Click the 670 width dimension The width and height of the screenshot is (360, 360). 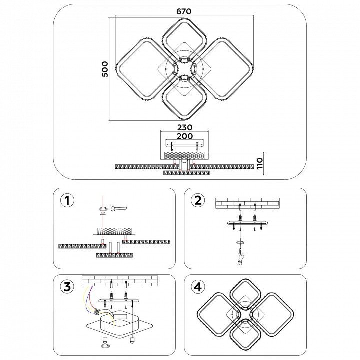pyautogui.click(x=183, y=11)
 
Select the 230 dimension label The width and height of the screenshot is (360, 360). pyautogui.click(x=185, y=127)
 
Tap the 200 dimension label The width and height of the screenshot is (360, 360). pyautogui.click(x=185, y=136)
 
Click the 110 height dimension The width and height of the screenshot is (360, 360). pyautogui.click(x=259, y=164)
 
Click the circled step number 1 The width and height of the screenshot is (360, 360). pyautogui.click(x=67, y=200)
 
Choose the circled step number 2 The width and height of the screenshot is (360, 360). pyautogui.click(x=198, y=200)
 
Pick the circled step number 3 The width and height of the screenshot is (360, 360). pyautogui.click(x=67, y=287)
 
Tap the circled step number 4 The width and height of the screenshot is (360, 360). pyautogui.click(x=198, y=287)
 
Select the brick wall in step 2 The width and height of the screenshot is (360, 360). pyautogui.click(x=247, y=202)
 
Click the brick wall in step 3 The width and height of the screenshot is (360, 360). pyautogui.click(x=120, y=280)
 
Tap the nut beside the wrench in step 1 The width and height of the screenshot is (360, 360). pyautogui.click(x=103, y=209)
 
